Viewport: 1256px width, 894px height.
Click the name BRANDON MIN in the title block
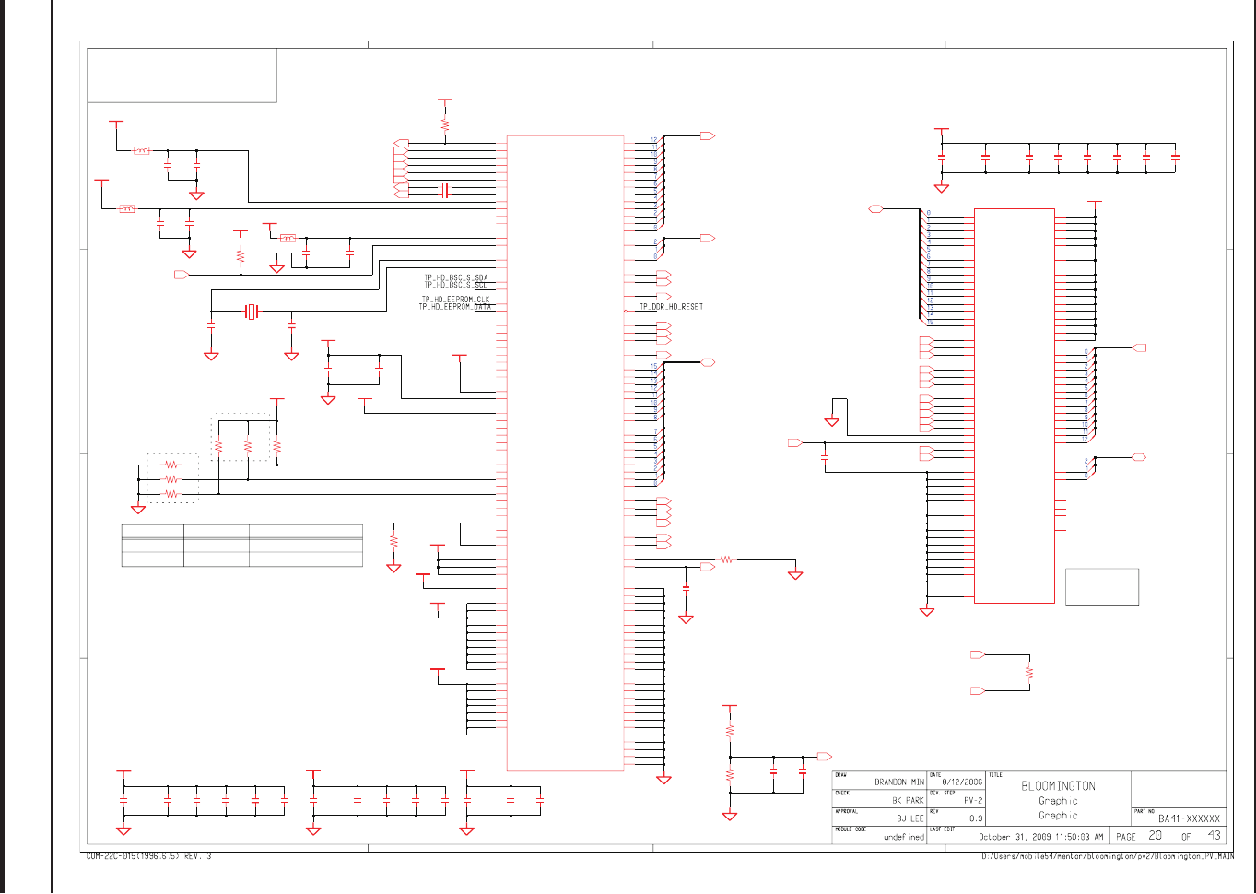click(898, 782)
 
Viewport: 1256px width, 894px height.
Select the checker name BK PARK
click(907, 800)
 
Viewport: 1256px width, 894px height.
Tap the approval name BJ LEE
click(910, 818)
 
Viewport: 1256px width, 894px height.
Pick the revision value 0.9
click(975, 818)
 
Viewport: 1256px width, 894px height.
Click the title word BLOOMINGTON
click(1058, 786)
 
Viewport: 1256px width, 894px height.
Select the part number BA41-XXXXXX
click(1189, 818)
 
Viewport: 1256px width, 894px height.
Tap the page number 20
click(1155, 836)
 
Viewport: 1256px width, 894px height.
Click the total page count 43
click(1214, 836)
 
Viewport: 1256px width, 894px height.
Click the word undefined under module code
click(903, 837)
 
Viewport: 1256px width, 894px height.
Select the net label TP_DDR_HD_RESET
click(671, 306)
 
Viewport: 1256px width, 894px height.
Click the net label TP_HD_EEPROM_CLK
click(455, 299)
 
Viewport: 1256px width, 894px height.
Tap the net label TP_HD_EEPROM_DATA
click(455, 306)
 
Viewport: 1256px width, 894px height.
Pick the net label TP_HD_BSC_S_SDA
click(455, 277)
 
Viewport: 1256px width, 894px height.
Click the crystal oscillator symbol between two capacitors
click(252, 312)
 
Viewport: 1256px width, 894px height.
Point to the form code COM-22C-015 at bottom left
click(148, 856)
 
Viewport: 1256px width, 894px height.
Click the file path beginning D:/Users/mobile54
click(1107, 856)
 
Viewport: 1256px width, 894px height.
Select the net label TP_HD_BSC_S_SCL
click(455, 285)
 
